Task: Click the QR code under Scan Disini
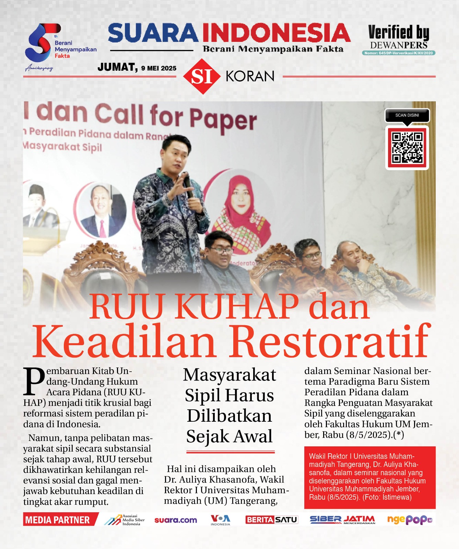click(407, 148)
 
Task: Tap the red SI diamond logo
click(201, 76)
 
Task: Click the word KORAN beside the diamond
click(250, 76)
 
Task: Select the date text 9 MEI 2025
click(158, 68)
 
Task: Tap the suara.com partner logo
click(176, 520)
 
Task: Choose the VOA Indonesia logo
click(220, 520)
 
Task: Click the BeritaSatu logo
click(271, 520)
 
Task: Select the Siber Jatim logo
click(342, 520)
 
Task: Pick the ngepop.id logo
click(409, 520)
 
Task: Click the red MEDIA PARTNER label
click(58, 520)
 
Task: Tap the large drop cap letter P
click(34, 381)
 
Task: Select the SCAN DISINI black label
click(407, 115)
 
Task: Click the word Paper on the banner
click(223, 118)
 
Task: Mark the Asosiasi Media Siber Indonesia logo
click(125, 520)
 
